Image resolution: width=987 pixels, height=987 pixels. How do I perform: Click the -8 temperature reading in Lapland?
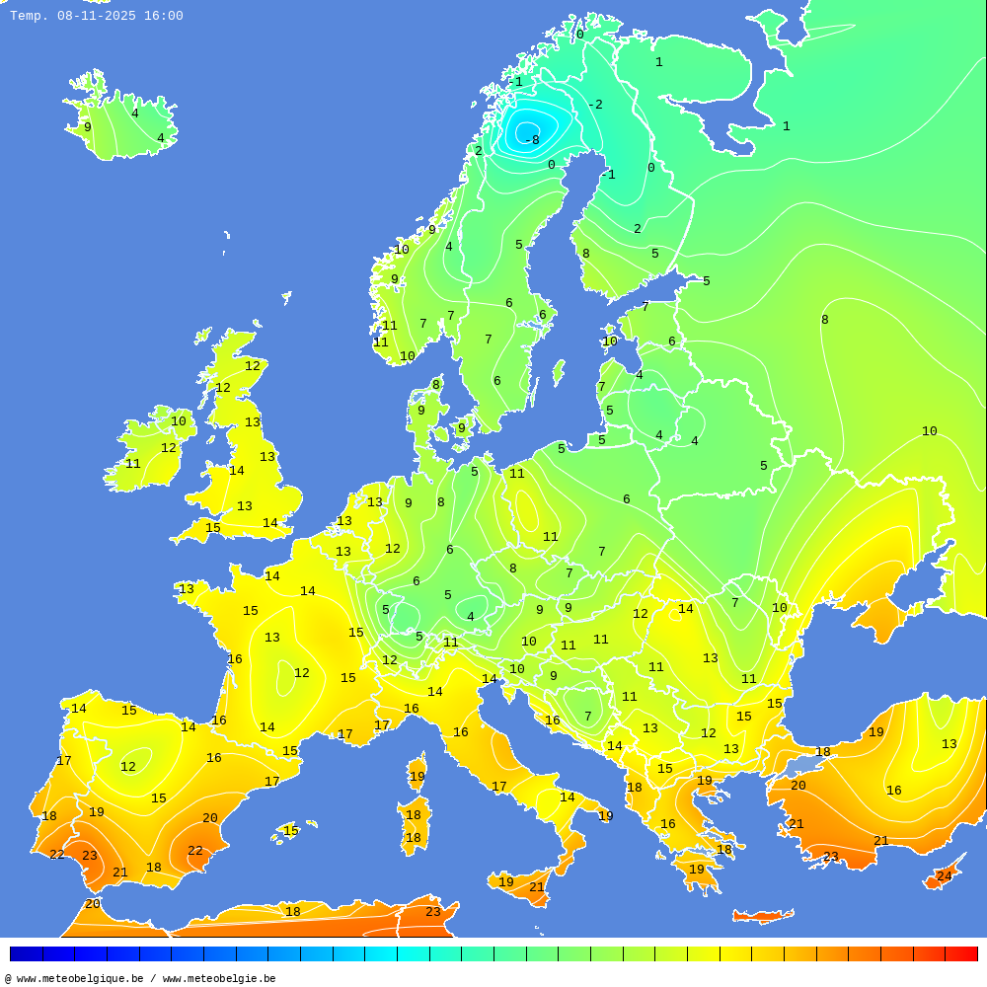(x=532, y=140)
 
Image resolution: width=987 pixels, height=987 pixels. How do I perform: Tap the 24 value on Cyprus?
(x=944, y=876)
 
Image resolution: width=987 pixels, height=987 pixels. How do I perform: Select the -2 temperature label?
(x=595, y=105)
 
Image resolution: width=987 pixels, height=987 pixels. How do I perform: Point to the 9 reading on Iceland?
(x=87, y=127)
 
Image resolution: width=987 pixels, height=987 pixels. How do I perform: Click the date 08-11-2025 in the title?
(x=97, y=16)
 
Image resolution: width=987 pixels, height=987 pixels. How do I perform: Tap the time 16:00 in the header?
(x=163, y=16)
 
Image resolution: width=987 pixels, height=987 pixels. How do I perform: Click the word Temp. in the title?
(x=29, y=16)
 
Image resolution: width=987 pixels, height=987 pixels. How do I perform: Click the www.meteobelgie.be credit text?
(x=219, y=978)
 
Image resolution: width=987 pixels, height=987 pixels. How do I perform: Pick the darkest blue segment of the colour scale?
(x=26, y=953)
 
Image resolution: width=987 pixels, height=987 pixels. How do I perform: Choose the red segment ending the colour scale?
(x=960, y=953)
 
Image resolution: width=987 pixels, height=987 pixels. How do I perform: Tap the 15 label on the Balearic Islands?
(x=291, y=831)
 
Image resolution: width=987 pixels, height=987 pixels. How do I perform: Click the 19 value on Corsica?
(x=417, y=777)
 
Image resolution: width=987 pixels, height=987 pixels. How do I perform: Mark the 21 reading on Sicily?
(x=536, y=887)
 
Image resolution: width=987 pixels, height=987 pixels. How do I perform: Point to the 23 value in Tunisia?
(x=432, y=912)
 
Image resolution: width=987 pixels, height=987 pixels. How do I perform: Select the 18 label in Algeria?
(x=292, y=911)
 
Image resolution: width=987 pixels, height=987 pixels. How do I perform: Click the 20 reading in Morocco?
(x=92, y=904)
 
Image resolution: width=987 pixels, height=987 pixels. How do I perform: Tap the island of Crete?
(x=762, y=917)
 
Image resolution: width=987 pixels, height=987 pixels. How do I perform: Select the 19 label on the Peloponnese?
(x=696, y=870)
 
